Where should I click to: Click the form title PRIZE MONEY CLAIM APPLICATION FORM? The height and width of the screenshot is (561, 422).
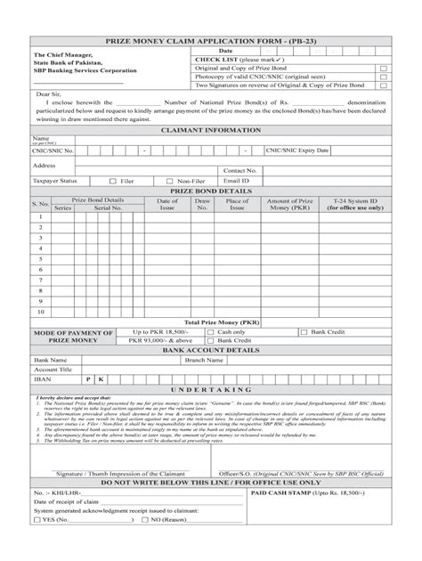[x=210, y=42]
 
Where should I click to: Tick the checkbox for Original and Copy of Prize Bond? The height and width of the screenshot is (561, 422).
[x=384, y=68]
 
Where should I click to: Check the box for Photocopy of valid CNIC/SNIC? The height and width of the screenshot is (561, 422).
[x=384, y=77]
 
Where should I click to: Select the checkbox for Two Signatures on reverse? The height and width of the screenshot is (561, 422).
[x=384, y=85]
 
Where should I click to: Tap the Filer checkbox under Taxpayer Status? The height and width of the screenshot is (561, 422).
[x=112, y=181]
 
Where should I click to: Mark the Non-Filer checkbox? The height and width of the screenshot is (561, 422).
[x=170, y=181]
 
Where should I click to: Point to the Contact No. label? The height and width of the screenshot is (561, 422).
[x=240, y=170]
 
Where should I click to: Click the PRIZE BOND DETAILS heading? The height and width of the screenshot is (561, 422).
[x=210, y=191]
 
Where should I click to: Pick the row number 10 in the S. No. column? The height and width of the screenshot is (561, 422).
[x=40, y=313]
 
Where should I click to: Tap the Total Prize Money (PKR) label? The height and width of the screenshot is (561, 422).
[x=222, y=322]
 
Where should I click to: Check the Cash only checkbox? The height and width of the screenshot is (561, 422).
[x=211, y=332]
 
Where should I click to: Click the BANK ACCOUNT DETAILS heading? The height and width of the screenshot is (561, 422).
[x=210, y=351]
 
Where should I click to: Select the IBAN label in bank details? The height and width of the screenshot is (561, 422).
[x=43, y=378]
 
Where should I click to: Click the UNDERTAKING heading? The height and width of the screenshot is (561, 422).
[x=210, y=390]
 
